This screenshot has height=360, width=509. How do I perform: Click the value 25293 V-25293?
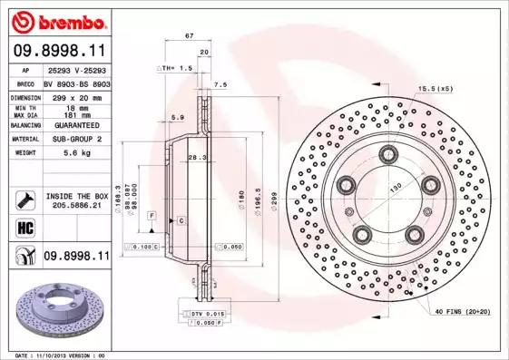(79, 69)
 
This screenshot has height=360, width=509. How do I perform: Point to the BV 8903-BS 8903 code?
(79, 82)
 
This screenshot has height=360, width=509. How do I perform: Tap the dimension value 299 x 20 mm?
(79, 95)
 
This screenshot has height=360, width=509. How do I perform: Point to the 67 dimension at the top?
(189, 34)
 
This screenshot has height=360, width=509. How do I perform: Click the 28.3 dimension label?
(193, 158)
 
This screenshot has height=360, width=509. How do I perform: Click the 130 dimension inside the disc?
(395, 187)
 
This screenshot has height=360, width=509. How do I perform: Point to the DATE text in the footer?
(25, 355)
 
